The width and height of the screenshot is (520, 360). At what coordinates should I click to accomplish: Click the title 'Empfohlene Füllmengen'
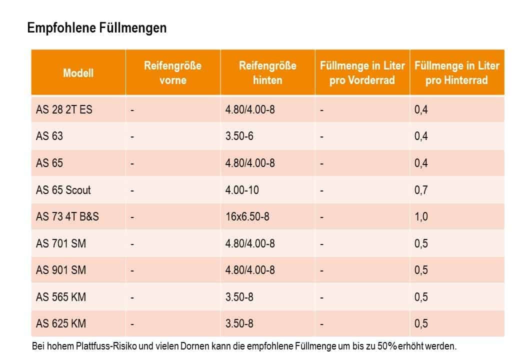click(97, 28)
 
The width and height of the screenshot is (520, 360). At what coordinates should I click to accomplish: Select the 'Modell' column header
click(78, 73)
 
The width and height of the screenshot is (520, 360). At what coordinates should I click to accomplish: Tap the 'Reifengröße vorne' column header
click(172, 73)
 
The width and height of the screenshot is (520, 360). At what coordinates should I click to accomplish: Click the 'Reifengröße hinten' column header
click(267, 73)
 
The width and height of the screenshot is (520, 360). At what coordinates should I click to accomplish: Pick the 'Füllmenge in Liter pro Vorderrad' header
click(362, 73)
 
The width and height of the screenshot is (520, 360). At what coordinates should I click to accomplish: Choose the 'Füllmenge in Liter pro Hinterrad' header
click(456, 73)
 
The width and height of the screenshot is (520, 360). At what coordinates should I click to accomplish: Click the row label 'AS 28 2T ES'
click(64, 109)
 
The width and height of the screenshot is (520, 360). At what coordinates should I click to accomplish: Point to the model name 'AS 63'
click(49, 136)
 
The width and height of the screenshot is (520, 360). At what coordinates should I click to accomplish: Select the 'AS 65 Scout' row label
click(63, 190)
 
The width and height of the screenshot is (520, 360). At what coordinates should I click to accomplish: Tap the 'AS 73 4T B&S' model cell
click(67, 217)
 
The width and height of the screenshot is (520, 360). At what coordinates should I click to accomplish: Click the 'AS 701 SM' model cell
click(60, 243)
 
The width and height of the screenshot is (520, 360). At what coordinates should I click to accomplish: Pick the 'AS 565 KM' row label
click(61, 297)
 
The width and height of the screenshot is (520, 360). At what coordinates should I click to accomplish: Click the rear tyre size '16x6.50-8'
click(247, 217)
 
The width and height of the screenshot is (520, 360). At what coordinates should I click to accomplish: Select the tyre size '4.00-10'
click(242, 190)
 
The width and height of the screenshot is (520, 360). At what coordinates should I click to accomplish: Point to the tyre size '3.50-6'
click(239, 136)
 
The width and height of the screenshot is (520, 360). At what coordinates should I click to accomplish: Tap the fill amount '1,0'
click(421, 217)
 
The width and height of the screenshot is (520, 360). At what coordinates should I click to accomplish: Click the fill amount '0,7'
click(421, 190)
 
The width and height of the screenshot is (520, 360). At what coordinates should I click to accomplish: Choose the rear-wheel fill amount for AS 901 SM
click(421, 270)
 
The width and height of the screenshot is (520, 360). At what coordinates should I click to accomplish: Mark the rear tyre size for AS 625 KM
click(239, 324)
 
